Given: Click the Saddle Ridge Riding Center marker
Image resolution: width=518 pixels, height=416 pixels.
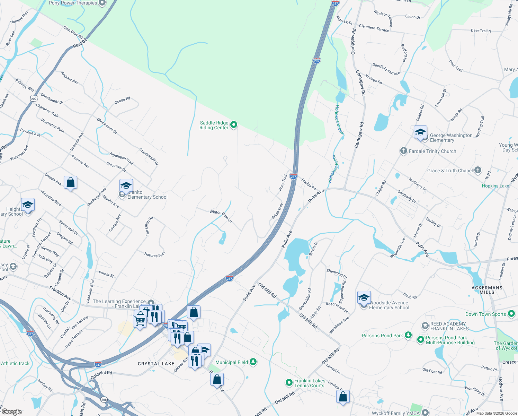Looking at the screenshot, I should [x=234, y=124].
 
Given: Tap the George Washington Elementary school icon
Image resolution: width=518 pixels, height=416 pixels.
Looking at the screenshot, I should [x=420, y=133].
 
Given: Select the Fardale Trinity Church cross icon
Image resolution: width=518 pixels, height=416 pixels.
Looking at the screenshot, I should [x=403, y=151].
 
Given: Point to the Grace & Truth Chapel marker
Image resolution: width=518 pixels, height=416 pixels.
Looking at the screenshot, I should [x=478, y=170].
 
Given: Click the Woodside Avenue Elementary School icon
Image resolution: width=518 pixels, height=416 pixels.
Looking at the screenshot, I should [x=364, y=298].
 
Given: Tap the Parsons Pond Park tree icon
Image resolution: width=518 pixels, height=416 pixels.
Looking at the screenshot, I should [x=408, y=335].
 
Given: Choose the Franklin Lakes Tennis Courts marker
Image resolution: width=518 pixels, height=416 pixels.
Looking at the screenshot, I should [x=289, y=382].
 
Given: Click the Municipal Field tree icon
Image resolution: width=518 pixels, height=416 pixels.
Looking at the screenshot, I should [x=253, y=362].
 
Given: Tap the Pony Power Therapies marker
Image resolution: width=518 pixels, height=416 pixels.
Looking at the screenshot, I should [x=102, y=3].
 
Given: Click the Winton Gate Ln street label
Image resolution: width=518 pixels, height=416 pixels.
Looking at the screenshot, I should [x=221, y=216].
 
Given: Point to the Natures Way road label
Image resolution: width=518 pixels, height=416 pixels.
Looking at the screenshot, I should [x=155, y=255].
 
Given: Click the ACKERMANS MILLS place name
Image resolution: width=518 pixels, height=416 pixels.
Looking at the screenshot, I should [x=487, y=290].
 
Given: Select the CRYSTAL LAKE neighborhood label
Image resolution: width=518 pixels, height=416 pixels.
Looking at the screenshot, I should [x=156, y=364].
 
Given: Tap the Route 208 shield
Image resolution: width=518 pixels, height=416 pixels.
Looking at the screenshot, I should [x=104, y=400].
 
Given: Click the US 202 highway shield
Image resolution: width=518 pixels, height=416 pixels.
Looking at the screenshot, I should [x=34, y=98].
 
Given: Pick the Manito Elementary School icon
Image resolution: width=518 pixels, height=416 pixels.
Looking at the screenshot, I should [x=126, y=185].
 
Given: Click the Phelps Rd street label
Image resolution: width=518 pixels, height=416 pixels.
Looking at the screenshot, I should [x=309, y=184].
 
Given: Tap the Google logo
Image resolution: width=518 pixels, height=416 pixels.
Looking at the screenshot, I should [x=11, y=412].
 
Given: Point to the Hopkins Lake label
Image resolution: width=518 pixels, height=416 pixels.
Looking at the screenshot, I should [x=495, y=186].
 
